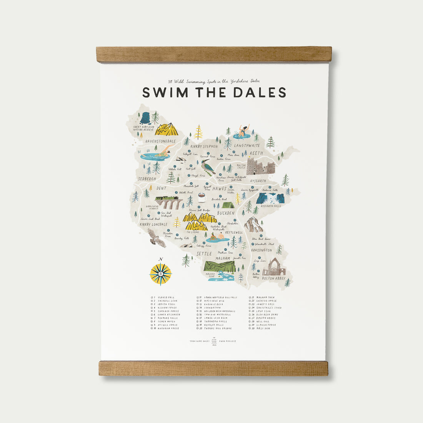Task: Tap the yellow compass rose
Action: coord(160,274)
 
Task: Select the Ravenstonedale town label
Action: coord(160,141)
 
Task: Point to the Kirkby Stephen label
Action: coord(204,147)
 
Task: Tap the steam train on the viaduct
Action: coord(169,200)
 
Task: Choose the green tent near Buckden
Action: coord(228,205)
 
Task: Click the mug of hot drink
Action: coord(202,197)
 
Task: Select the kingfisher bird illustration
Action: coord(208,167)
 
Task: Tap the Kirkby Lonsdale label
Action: coord(153,224)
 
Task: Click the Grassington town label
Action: coord(261,250)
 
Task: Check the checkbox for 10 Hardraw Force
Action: coord(152,328)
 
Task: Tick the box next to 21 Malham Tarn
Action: coord(251,297)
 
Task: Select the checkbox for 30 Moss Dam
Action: coord(251,328)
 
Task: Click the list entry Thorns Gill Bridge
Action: coord(218,328)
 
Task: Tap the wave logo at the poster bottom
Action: coord(214,341)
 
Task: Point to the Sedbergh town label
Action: coord(147,179)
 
